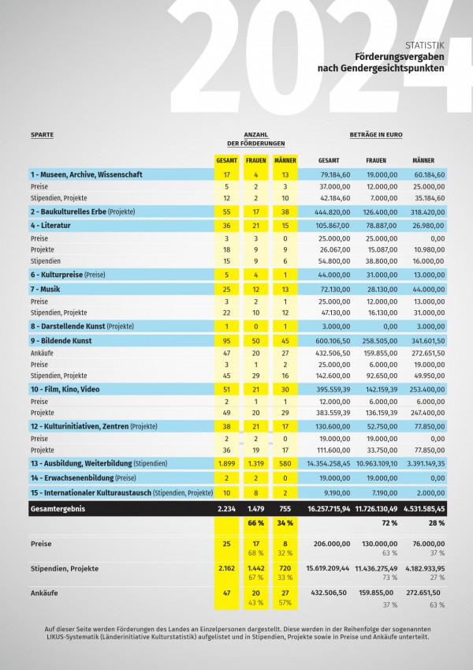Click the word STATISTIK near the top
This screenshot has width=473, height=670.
(424, 45)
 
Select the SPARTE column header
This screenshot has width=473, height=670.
(42, 135)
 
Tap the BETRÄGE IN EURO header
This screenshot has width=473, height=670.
(376, 135)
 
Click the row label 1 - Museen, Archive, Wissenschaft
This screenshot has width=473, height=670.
(86, 174)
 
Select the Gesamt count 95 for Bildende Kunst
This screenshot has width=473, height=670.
(226, 340)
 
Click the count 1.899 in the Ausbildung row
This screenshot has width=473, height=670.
(226, 463)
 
